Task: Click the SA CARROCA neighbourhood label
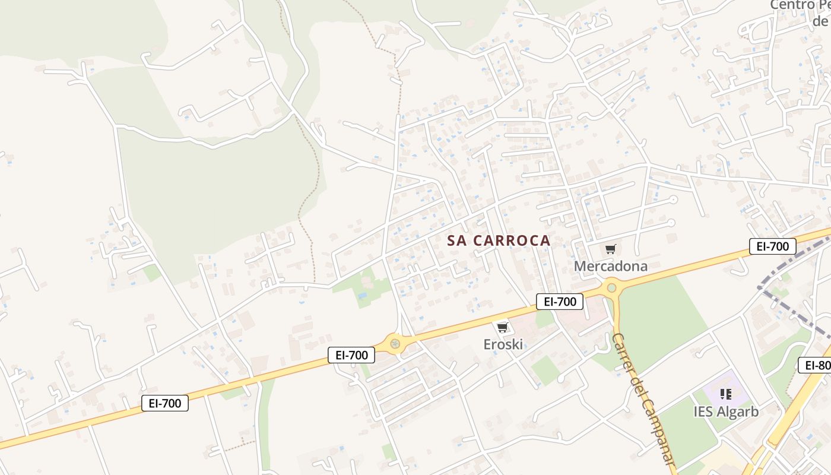pyautogui.click(x=499, y=240)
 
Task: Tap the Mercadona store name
pyautogui.click(x=610, y=266)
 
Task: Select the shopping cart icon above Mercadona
pyautogui.click(x=610, y=249)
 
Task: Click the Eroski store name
pyautogui.click(x=503, y=344)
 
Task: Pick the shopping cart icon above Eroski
pyautogui.click(x=502, y=327)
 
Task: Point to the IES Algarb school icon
pyautogui.click(x=725, y=394)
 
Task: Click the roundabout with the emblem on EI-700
pyautogui.click(x=395, y=343)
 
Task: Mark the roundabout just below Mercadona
pyautogui.click(x=611, y=289)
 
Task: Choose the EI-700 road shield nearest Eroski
pyautogui.click(x=560, y=302)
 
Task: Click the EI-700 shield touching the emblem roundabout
pyautogui.click(x=352, y=355)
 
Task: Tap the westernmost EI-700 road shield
pyautogui.click(x=165, y=403)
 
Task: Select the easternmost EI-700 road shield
pyautogui.click(x=772, y=246)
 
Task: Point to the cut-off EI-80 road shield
pyautogui.click(x=816, y=365)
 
